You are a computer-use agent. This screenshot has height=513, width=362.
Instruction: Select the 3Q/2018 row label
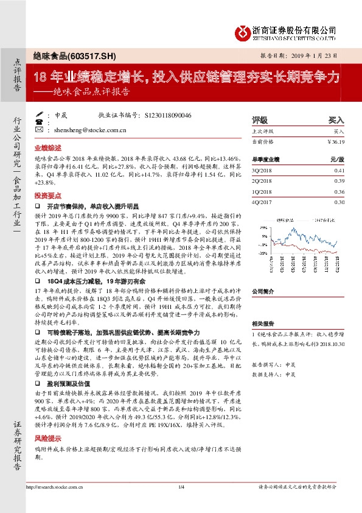[x=262, y=171]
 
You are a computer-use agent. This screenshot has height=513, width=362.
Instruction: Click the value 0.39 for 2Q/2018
[x=339, y=182]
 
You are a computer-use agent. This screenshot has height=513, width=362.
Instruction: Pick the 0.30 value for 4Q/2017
[x=339, y=202]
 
